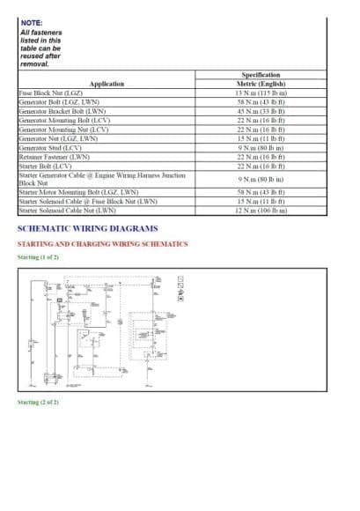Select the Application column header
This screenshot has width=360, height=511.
107,84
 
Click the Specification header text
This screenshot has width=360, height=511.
260,76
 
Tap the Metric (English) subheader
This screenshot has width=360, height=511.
260,84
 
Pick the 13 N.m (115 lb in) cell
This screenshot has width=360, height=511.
260,93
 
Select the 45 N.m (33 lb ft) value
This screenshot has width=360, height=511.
260,112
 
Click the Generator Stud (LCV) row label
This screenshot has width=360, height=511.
50,148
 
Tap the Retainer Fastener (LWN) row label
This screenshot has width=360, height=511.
55,157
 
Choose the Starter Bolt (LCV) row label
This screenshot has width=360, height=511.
45,166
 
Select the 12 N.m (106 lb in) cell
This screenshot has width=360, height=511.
260,211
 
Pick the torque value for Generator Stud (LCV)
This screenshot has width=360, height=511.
260,148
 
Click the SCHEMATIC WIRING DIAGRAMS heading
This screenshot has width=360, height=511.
87,228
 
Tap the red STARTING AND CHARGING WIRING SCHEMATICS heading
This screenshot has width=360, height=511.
102,243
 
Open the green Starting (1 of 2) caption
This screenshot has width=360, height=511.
38,257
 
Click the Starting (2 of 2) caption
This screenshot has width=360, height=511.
38,402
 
